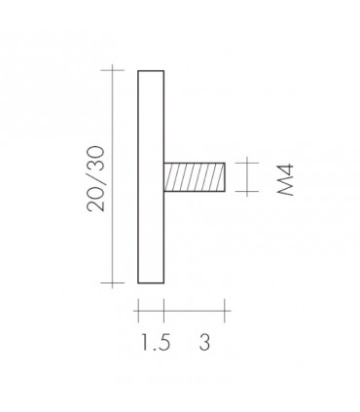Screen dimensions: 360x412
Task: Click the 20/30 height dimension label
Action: click(x=96, y=179)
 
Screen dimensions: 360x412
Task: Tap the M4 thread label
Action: click(x=285, y=179)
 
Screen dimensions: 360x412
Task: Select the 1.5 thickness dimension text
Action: click(x=156, y=343)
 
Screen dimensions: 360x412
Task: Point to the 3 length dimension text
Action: click(x=204, y=343)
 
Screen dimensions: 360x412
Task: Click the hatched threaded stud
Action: click(x=195, y=177)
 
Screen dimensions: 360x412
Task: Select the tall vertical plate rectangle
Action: click(x=151, y=176)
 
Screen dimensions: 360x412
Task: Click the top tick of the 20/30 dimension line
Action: click(x=113, y=70)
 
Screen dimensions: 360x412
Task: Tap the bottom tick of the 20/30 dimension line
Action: click(x=113, y=282)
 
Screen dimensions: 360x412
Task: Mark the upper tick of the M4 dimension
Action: click(x=247, y=163)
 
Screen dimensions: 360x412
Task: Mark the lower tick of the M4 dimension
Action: click(x=247, y=191)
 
